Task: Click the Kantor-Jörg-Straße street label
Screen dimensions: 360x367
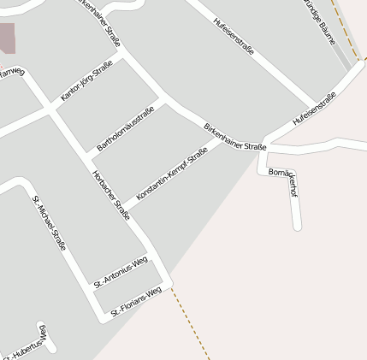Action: tap(86, 82)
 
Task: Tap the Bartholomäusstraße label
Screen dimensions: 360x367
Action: tap(125, 130)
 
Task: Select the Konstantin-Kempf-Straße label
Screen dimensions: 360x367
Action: tap(172, 175)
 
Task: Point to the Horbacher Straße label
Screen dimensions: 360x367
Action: tap(111, 195)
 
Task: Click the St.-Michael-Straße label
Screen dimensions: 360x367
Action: tap(50, 222)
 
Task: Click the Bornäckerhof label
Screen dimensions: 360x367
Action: tap(283, 180)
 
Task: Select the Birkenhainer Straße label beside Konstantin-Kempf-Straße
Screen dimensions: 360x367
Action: tap(236, 137)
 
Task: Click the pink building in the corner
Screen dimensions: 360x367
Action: tap(7, 38)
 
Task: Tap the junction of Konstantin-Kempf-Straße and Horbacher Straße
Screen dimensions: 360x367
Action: tap(125, 208)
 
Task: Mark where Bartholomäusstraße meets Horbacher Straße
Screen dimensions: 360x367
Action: tap(88, 156)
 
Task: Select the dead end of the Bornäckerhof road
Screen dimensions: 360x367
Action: tap(298, 227)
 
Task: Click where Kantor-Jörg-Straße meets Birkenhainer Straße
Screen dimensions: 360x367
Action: tap(126, 50)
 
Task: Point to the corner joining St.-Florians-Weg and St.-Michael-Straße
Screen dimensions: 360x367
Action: tap(106, 316)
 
